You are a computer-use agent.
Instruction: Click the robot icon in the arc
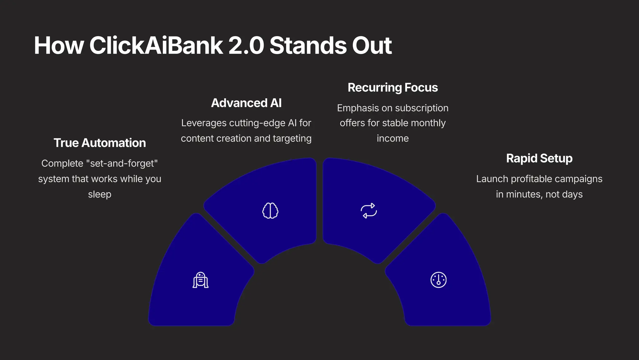tap(200, 280)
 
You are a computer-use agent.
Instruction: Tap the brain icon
tap(270, 211)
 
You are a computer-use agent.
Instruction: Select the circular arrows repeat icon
tap(369, 211)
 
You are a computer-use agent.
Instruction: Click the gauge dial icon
tap(438, 280)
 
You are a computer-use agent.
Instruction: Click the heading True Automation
tap(100, 143)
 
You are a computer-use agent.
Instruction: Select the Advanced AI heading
tap(246, 103)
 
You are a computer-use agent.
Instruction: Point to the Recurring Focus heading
tap(393, 88)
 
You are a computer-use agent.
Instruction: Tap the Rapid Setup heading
tap(539, 158)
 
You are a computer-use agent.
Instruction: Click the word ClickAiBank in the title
tap(156, 46)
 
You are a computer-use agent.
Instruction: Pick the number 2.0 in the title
tap(246, 46)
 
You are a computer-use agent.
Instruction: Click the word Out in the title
tap(372, 46)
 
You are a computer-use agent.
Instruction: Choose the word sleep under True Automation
tap(100, 194)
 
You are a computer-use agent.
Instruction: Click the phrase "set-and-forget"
tap(122, 163)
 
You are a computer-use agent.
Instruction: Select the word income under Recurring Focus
tap(393, 138)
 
